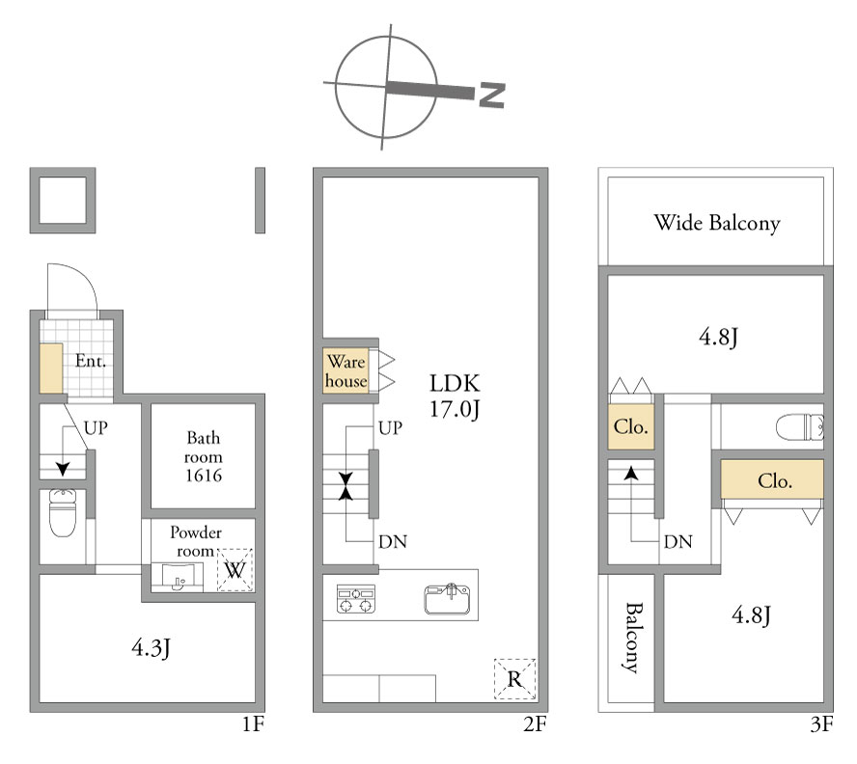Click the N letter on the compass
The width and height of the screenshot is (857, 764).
pyautogui.click(x=491, y=95)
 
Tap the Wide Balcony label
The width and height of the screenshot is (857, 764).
pyautogui.click(x=717, y=223)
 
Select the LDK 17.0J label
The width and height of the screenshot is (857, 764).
pyautogui.click(x=455, y=396)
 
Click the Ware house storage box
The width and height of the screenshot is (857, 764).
pyautogui.click(x=346, y=370)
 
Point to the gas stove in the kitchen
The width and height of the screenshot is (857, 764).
pyautogui.click(x=356, y=598)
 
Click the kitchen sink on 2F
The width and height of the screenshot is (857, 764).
pyautogui.click(x=447, y=599)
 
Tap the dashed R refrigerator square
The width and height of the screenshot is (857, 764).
pyautogui.click(x=514, y=679)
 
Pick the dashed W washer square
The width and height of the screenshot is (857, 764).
pyautogui.click(x=235, y=570)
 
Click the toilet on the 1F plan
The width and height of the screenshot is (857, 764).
pyautogui.click(x=64, y=512)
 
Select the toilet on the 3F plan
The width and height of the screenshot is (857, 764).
pyautogui.click(x=800, y=426)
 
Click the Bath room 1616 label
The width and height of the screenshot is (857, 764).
pyautogui.click(x=204, y=456)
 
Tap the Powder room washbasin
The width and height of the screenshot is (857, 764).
pyautogui.click(x=177, y=577)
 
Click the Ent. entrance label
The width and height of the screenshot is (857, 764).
pyautogui.click(x=91, y=361)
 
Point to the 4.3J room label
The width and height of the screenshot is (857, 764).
pyautogui.click(x=152, y=648)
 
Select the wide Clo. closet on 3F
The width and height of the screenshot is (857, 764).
pyautogui.click(x=772, y=479)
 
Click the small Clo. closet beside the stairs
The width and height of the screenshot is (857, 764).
pyautogui.click(x=631, y=426)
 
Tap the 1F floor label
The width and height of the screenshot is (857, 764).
pyautogui.click(x=254, y=724)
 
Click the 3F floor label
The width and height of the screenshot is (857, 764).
pyautogui.click(x=821, y=724)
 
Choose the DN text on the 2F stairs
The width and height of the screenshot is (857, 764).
pyautogui.click(x=393, y=541)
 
